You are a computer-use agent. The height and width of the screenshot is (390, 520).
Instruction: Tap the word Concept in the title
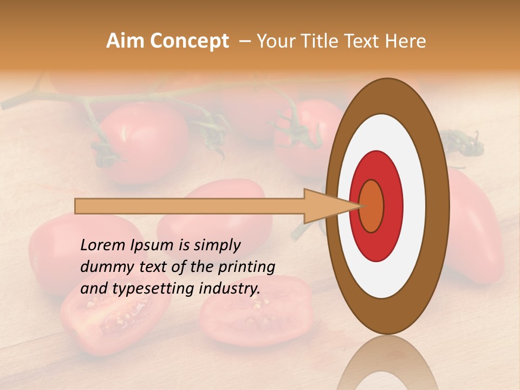(x=189, y=41)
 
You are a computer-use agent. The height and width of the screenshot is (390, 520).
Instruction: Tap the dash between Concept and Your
(x=244, y=42)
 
